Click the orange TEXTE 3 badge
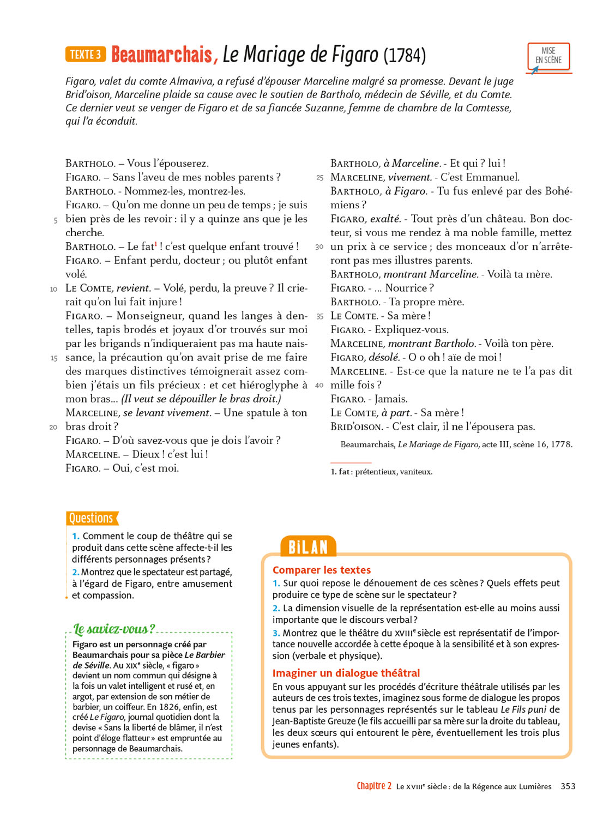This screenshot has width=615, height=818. click(x=86, y=55)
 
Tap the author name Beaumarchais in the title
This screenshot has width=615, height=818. click(x=161, y=55)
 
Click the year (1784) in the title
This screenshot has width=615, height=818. click(x=404, y=55)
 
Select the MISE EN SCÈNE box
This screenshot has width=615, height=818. click(x=548, y=56)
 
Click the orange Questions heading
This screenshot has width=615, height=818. click(x=91, y=518)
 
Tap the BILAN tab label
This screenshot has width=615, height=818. click(x=308, y=547)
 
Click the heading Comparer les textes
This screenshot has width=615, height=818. click(x=322, y=570)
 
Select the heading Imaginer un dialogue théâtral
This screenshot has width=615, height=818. click(x=346, y=673)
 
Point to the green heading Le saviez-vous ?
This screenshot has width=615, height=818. click(x=114, y=629)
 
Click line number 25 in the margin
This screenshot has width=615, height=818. click(x=319, y=178)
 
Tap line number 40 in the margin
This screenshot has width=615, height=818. click(x=319, y=386)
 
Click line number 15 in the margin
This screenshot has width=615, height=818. click(x=54, y=358)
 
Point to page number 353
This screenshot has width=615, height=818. click(x=568, y=786)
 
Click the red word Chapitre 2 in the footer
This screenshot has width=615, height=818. click(x=374, y=786)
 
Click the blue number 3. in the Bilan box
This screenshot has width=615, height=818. click(x=276, y=633)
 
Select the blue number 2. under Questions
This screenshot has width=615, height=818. click(x=76, y=572)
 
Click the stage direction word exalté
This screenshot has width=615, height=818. click(x=385, y=219)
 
